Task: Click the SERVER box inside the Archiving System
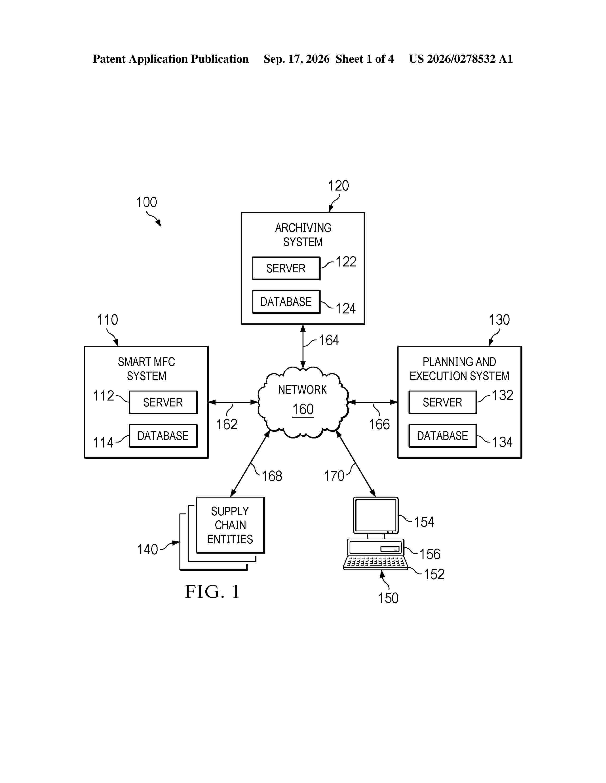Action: coord(286,268)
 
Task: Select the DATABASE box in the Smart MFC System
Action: coord(163,436)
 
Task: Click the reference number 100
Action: coord(146,202)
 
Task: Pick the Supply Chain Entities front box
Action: coord(230,525)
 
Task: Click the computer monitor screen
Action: coord(375,515)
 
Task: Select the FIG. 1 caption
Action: coord(212,592)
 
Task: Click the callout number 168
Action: coord(272,476)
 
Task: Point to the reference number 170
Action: coord(334,476)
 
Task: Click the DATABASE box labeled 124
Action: coord(286,302)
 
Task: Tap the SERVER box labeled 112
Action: coord(163,402)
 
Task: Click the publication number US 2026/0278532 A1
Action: coord(461,59)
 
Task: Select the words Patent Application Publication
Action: coord(171,59)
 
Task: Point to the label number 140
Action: coord(148,549)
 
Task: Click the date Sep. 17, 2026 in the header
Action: coord(297,59)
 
